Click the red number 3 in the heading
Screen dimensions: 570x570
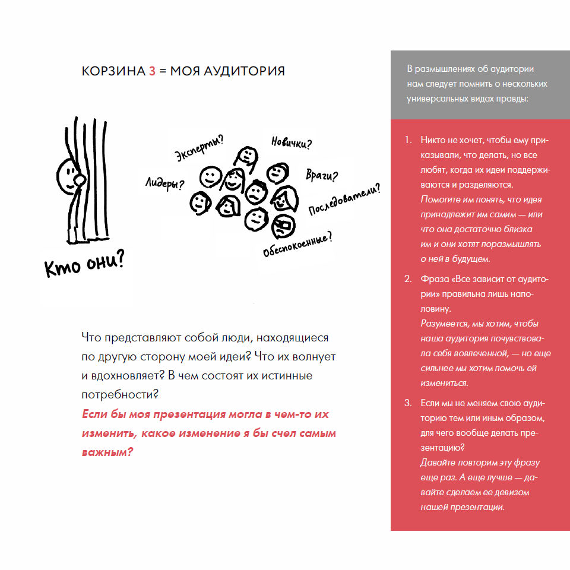tap(152, 71)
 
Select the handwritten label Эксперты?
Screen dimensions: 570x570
tap(199, 149)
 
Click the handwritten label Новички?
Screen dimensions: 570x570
tap(292, 142)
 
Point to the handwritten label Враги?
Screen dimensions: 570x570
tap(322, 176)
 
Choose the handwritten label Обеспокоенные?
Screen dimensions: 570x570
tap(297, 244)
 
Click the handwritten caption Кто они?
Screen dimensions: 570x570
tap(84, 264)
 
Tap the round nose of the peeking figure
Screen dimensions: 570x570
tap(78, 179)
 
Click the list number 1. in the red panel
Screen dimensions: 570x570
tap(408, 141)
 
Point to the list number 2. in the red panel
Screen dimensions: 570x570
tap(408, 279)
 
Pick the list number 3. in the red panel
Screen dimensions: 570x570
tap(408, 403)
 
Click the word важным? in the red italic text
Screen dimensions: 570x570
tap(107, 452)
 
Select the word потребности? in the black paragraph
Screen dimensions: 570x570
tap(119, 394)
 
